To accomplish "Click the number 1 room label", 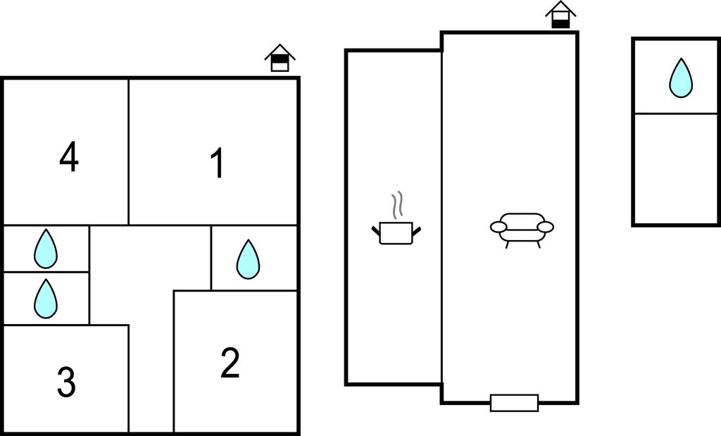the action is (218, 163).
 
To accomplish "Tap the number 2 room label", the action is (230, 363).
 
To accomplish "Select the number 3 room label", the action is (66, 382).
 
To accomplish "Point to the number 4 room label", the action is (69, 157).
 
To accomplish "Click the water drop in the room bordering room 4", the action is (46, 249).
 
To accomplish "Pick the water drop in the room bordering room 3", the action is (46, 299).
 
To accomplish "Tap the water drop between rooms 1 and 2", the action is (248, 259).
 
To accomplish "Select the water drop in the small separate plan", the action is (681, 78).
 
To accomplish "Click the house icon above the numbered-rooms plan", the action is (280, 58).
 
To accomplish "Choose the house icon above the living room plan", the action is (560, 15).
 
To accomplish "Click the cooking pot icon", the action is (396, 232).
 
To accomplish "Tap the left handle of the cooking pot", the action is (376, 230).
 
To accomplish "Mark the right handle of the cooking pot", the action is (417, 230).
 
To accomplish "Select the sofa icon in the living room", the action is (522, 230).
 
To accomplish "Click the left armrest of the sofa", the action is (498, 227).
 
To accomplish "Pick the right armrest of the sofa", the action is (546, 227).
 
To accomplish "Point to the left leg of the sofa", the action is (508, 244).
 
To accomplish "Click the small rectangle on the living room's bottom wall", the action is (515, 403).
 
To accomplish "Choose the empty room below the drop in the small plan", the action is (675, 168).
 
